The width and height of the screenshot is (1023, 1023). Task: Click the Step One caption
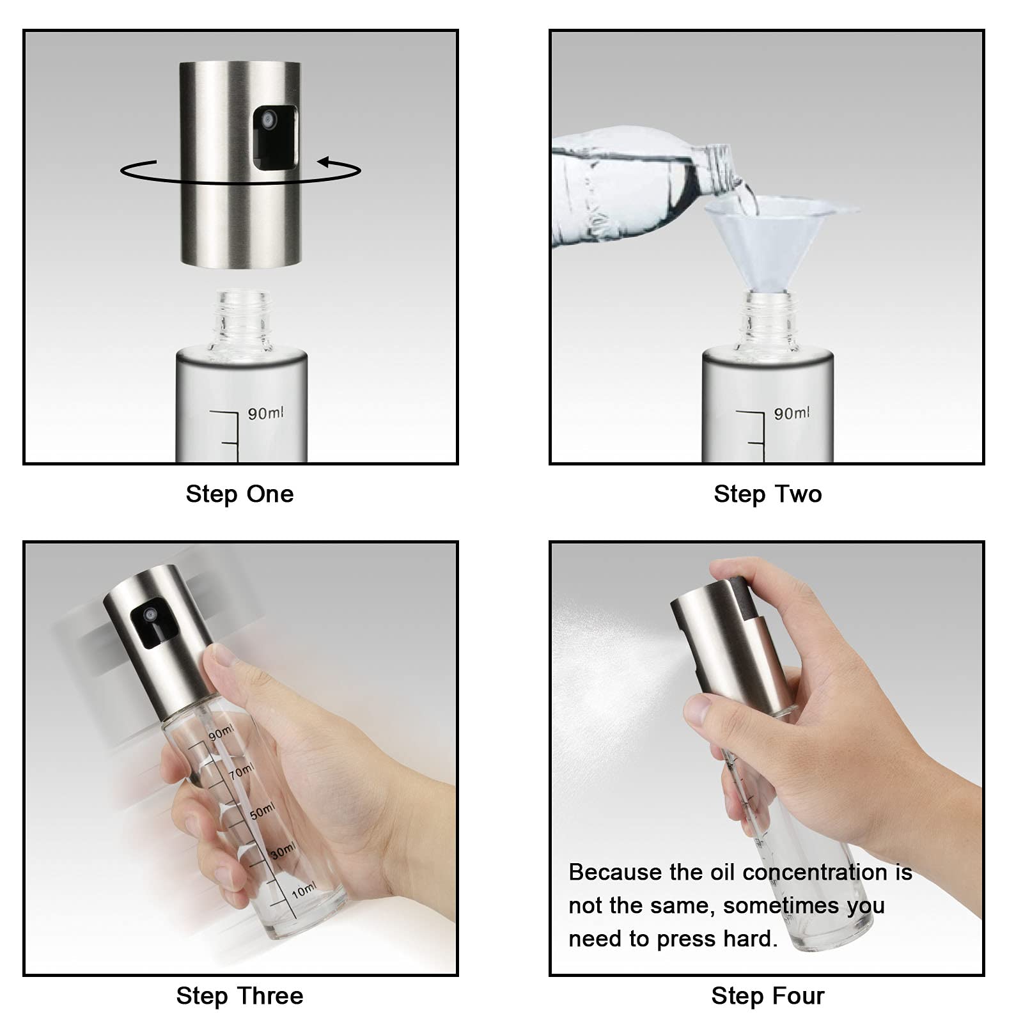240,494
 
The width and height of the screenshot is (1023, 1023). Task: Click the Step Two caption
768,494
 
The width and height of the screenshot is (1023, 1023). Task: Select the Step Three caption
240,996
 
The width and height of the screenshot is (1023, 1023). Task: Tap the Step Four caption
768,996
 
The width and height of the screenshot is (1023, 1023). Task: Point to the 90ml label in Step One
265,413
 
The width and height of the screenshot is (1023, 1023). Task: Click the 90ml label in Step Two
792,413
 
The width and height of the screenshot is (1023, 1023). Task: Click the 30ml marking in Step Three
282,851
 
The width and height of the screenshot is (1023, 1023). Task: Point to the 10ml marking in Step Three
303,891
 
